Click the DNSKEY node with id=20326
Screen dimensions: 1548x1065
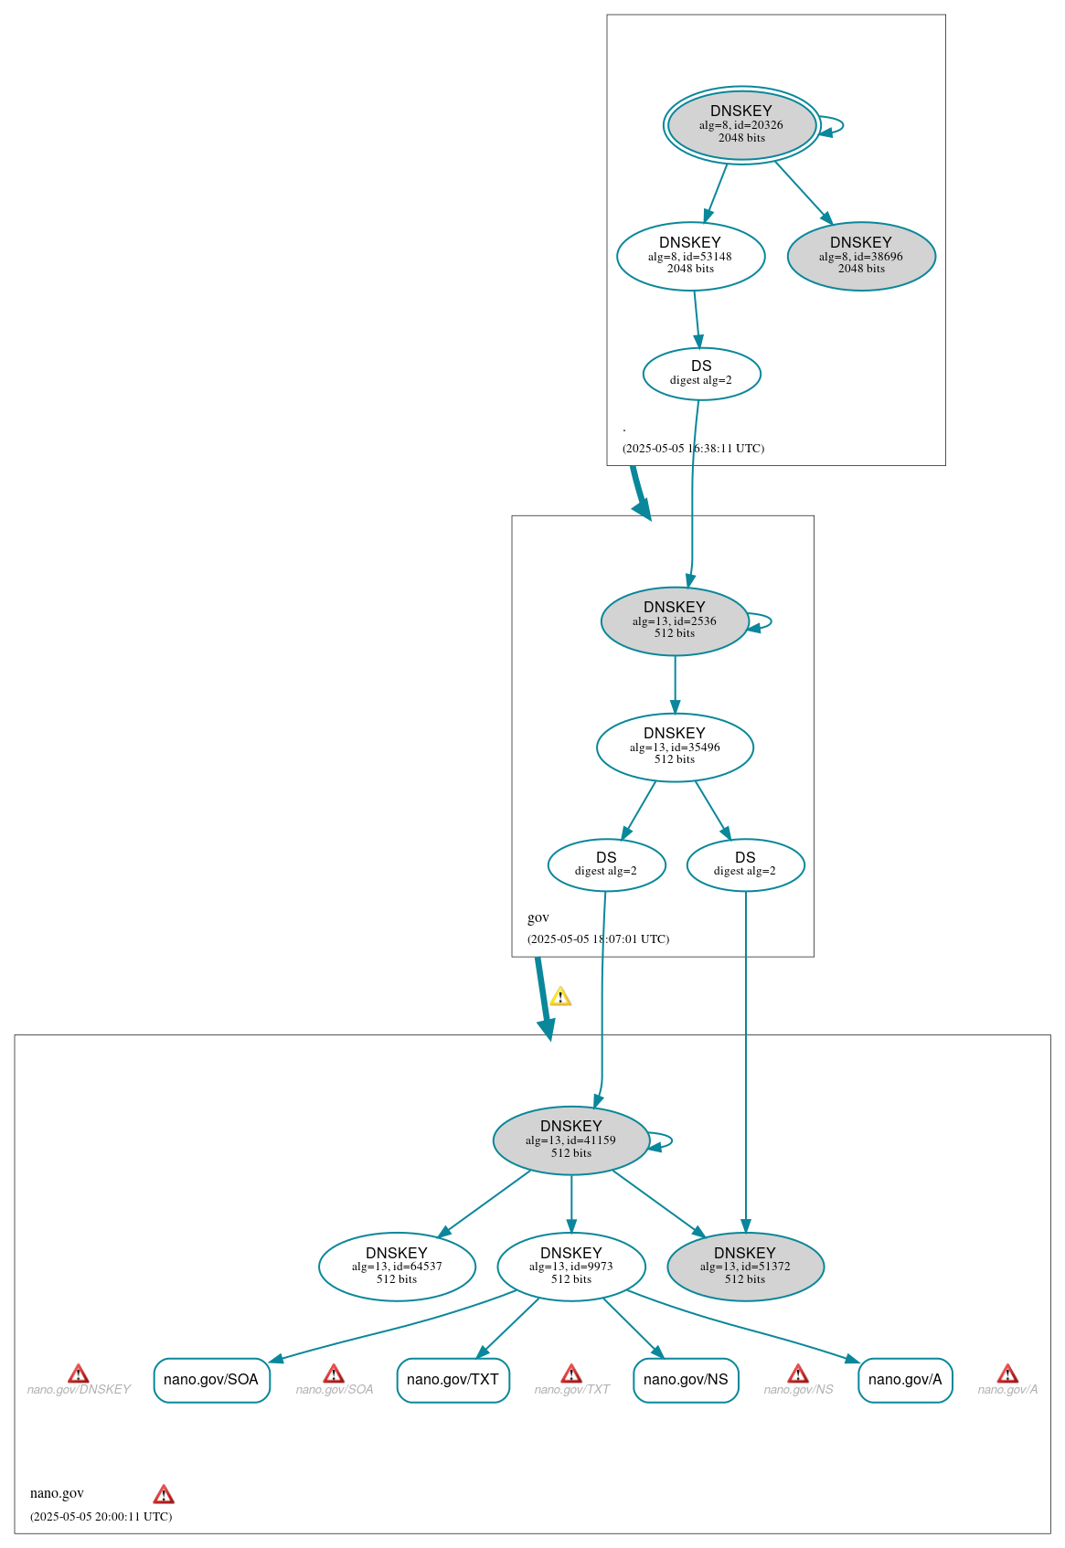(x=741, y=124)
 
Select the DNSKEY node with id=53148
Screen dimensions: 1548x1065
(x=690, y=256)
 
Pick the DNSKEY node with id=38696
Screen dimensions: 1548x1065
(x=861, y=256)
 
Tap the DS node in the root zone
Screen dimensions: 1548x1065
(x=701, y=373)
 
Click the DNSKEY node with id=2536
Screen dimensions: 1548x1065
(x=675, y=620)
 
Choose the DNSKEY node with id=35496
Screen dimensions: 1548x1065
(x=675, y=747)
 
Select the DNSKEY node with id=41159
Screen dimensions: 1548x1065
(x=570, y=1140)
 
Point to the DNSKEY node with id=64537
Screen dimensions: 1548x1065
(x=397, y=1266)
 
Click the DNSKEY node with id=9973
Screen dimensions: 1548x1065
(x=570, y=1266)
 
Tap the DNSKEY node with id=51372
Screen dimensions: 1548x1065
(x=745, y=1266)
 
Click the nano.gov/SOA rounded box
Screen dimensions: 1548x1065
(x=211, y=1379)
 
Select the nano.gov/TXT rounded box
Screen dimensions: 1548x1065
(x=453, y=1379)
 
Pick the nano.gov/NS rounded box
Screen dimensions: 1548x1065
(x=686, y=1379)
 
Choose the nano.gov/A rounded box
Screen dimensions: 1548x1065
(x=905, y=1379)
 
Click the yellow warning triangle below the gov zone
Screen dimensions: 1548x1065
(x=560, y=997)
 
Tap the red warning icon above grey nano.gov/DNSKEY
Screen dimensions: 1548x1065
(x=79, y=1373)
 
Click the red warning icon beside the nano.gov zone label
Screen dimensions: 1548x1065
(x=164, y=1495)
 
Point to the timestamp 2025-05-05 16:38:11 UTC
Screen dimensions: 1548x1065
(x=693, y=448)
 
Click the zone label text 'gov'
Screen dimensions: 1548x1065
(x=538, y=917)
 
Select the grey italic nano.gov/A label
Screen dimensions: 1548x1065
(x=1007, y=1390)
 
